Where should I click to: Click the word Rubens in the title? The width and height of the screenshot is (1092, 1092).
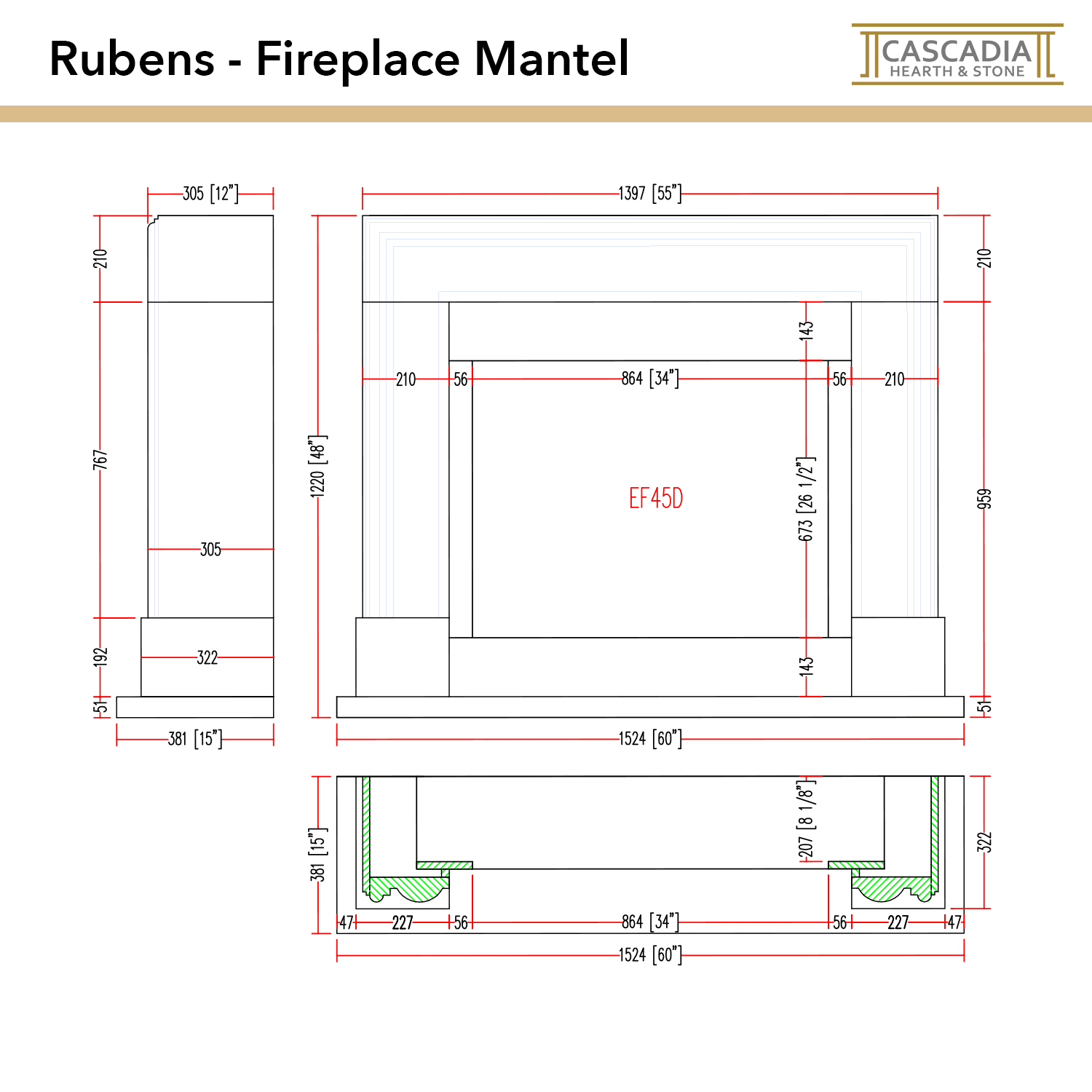pos(132,59)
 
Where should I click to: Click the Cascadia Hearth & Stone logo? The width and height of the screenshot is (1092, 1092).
pos(957,55)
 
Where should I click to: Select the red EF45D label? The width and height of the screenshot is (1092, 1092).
pos(655,499)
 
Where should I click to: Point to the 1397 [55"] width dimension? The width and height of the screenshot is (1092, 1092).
pos(649,194)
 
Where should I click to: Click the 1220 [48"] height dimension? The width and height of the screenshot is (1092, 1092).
pos(318,467)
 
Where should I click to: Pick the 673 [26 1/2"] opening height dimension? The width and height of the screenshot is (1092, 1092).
pos(806,499)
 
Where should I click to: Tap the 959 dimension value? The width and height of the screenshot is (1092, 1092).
pos(984,499)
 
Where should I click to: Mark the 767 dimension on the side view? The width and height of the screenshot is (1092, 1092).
pos(100,459)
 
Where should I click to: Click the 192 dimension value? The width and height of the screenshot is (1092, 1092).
pos(100,657)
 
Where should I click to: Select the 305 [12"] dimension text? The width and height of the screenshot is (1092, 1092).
pos(210,194)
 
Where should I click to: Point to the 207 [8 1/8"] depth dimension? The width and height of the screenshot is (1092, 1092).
pos(806,819)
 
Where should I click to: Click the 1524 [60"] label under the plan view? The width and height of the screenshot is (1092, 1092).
pos(649,954)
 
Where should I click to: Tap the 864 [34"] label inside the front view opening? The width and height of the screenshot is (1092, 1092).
pos(649,379)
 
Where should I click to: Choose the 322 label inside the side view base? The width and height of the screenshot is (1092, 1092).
pos(207,657)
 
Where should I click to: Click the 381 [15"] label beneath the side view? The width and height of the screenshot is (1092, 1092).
pos(194,739)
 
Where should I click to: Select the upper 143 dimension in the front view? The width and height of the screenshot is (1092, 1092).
pos(806,331)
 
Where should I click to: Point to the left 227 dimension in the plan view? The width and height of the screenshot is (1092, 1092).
pos(403,923)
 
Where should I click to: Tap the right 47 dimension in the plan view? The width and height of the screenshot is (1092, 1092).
pos(954,923)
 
